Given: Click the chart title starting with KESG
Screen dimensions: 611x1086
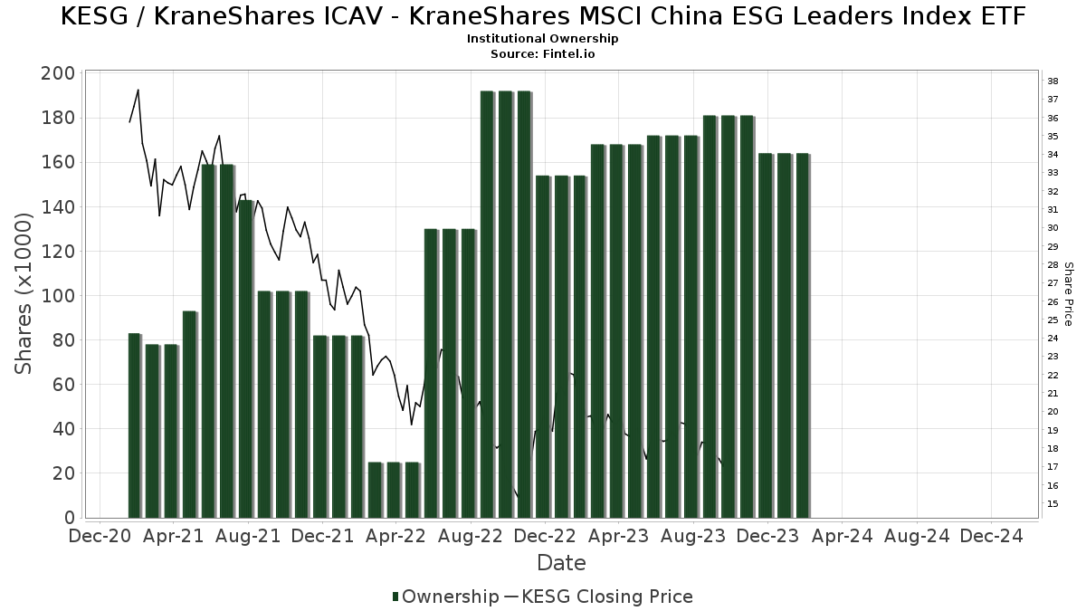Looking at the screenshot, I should [x=543, y=16].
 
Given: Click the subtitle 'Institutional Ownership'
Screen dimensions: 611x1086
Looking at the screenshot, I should [x=543, y=39].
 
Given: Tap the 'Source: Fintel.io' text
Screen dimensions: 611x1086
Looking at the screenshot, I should [x=543, y=53].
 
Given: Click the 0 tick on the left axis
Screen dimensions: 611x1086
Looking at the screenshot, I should [x=69, y=518].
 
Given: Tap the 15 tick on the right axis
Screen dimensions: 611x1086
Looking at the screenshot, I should [x=1053, y=503].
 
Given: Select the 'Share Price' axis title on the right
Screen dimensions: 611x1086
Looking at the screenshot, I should [x=1068, y=294].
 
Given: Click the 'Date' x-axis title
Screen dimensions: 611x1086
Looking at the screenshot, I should [x=561, y=563].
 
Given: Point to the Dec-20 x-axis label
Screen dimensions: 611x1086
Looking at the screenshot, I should [x=100, y=537].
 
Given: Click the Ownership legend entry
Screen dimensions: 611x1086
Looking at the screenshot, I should [x=445, y=597].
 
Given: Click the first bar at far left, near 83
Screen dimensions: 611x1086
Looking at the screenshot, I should [x=134, y=425].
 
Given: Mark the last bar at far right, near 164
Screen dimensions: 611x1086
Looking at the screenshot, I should [x=802, y=335].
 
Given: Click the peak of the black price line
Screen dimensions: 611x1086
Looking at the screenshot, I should [x=138, y=91].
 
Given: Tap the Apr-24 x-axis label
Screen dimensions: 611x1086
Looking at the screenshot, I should [x=842, y=537].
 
